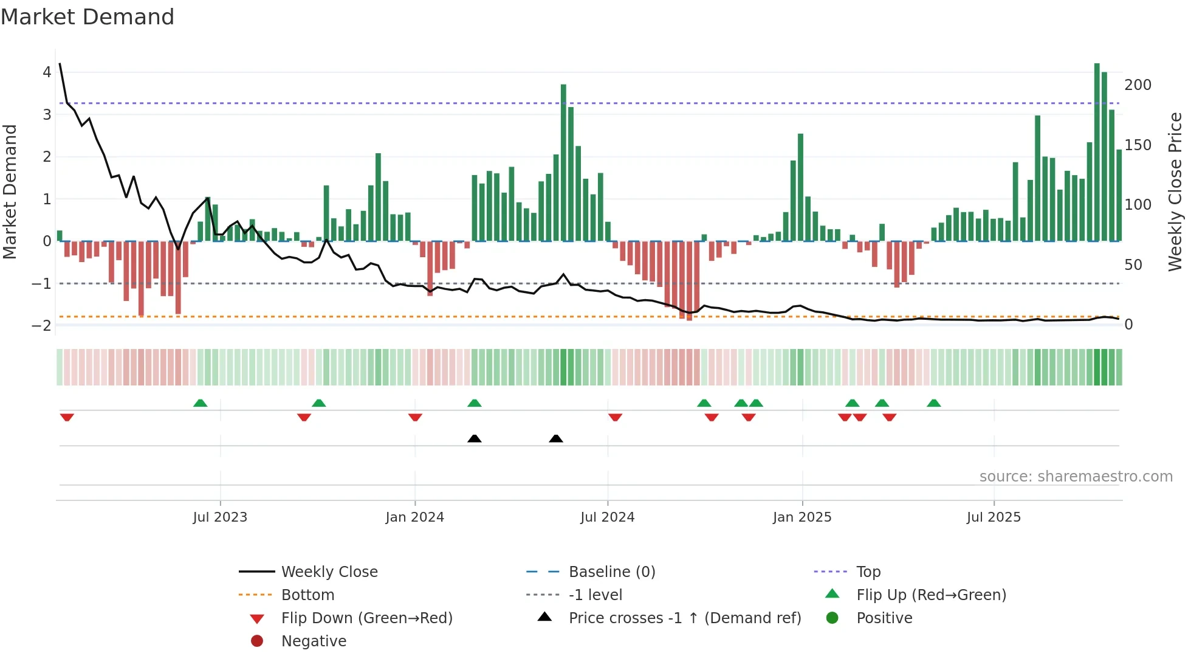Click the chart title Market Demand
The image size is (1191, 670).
[x=88, y=17]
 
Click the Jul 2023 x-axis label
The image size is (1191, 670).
[x=220, y=517]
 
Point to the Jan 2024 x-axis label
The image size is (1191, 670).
[x=414, y=517]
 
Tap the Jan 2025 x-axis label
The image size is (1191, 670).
[x=801, y=517]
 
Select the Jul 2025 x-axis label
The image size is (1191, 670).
[x=994, y=517]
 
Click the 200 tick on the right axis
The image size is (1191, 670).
[x=1138, y=85]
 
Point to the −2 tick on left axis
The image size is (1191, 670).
[x=42, y=325]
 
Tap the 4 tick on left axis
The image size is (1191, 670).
[x=47, y=72]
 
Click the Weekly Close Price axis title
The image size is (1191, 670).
[x=1175, y=192]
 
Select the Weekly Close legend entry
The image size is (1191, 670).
[x=329, y=572]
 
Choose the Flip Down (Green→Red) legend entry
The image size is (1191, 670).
[x=366, y=618]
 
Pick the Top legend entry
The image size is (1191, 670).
[x=868, y=572]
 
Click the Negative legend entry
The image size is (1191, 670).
[x=314, y=641]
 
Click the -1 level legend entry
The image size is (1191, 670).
[x=595, y=595]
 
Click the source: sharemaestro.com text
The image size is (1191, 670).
[x=1076, y=477]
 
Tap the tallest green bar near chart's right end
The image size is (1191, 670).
[x=1097, y=152]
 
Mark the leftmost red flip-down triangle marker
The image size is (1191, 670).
[x=67, y=417]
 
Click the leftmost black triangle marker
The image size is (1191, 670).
[x=475, y=438]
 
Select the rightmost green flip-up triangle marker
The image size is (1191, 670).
[x=934, y=403]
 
